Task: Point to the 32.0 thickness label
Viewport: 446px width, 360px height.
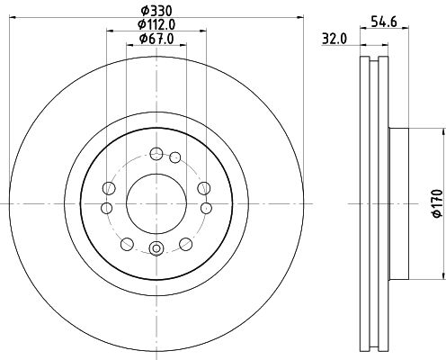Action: click(335, 39)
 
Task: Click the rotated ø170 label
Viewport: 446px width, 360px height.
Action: click(436, 203)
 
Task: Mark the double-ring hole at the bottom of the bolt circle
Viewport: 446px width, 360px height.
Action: click(156, 250)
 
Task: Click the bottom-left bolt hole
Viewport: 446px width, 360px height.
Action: click(126, 243)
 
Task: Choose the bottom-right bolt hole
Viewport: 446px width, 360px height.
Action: click(185, 243)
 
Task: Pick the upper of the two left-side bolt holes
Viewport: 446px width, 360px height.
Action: click(110, 187)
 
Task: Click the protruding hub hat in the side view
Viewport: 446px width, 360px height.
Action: click(398, 203)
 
